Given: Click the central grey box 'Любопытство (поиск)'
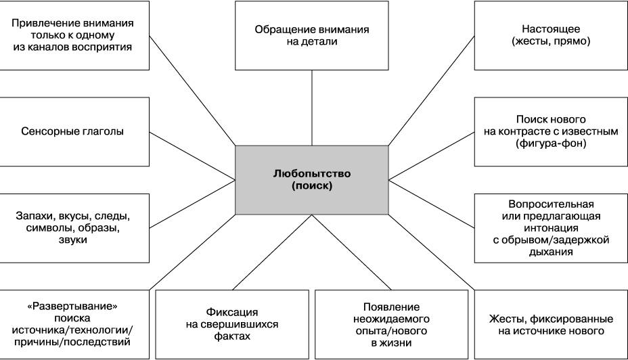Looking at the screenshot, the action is tap(311, 180).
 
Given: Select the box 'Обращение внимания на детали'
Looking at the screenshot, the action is tap(311, 35).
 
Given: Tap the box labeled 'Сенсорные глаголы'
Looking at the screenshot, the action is tap(74, 132).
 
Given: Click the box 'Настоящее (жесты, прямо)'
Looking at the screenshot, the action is tap(551, 35).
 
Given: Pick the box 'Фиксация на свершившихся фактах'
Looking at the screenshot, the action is tap(232, 324).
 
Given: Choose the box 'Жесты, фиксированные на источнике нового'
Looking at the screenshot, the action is tap(551, 324).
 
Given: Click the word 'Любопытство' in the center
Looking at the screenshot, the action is tap(312, 174).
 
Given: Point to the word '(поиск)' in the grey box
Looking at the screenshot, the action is tap(312, 186).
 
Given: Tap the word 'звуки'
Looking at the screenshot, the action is tap(73, 240).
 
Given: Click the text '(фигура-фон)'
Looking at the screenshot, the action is tap(551, 143).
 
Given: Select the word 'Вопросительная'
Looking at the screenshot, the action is tap(551, 204).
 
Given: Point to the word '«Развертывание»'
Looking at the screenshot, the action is tap(72, 307).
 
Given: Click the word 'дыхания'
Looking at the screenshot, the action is tap(551, 252).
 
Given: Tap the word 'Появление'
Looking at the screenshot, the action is tap(392, 307).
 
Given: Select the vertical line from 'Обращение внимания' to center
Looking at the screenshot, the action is tap(312, 108).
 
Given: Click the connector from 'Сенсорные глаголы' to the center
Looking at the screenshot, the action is tap(192, 156).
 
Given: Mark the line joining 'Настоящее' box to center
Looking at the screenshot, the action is tap(431, 91).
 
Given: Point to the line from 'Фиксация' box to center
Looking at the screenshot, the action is tap(272, 252).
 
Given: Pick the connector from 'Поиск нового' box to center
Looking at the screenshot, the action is tap(431, 156).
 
